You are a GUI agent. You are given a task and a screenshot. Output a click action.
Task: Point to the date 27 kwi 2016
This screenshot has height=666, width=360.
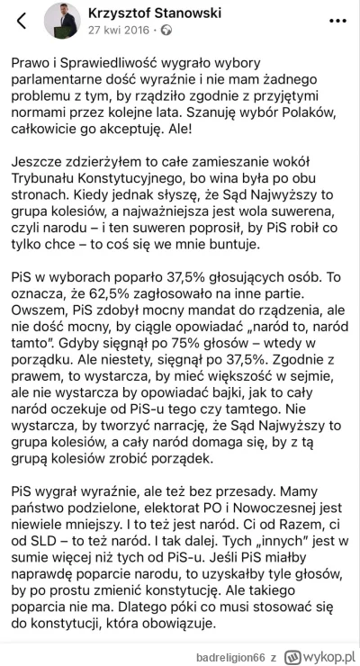[x=111, y=30]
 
